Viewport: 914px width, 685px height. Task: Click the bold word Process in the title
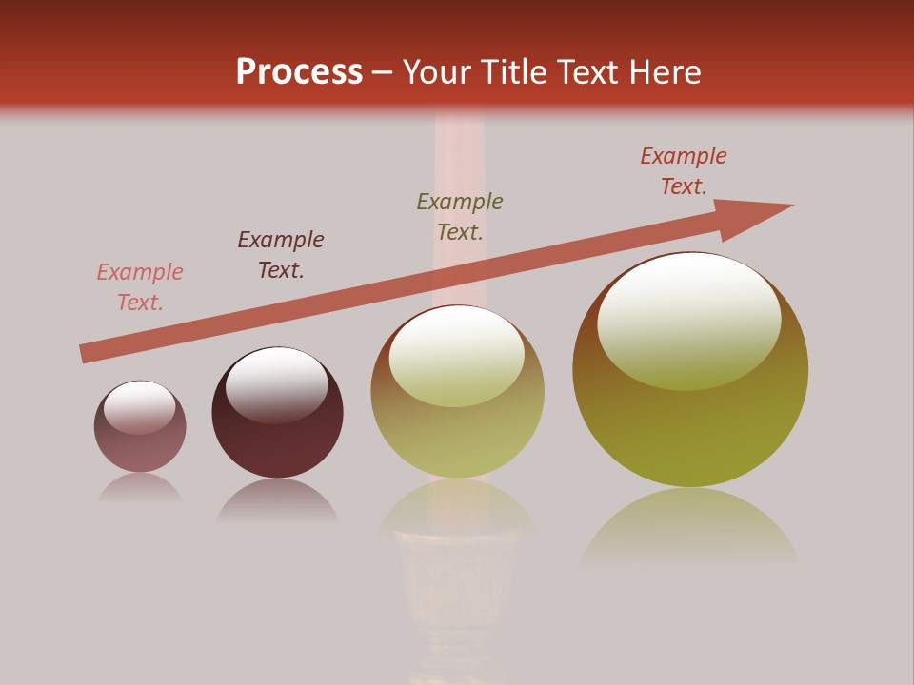299,71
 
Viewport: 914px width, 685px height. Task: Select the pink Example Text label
140,287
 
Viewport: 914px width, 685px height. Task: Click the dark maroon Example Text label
281,255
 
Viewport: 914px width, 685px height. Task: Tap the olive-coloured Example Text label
460,216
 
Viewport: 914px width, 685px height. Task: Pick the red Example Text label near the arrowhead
684,171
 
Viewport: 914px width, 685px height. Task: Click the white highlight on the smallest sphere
140,407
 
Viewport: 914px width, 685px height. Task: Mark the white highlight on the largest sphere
688,319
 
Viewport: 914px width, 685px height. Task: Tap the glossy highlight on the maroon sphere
276,382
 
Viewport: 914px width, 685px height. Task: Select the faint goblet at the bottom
460,590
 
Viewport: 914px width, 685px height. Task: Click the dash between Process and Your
382,72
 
